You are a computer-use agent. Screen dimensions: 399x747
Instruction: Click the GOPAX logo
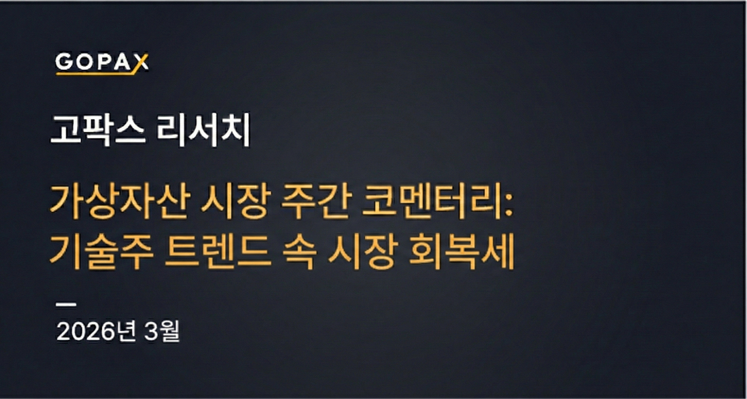(102, 63)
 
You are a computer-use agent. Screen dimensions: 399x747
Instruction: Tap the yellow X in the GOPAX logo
(142, 63)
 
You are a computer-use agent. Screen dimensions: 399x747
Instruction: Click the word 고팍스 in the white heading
(98, 130)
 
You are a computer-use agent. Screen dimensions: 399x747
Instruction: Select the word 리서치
(203, 130)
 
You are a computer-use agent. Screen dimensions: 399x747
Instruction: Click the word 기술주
(101, 251)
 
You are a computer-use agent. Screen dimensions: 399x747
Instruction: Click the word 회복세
(462, 251)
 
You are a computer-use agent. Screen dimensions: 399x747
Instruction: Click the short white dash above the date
(66, 304)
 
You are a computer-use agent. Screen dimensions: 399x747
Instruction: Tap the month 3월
(162, 331)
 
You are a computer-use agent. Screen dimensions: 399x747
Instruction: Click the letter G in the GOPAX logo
(64, 62)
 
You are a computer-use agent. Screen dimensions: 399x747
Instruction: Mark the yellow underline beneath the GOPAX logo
(95, 73)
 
